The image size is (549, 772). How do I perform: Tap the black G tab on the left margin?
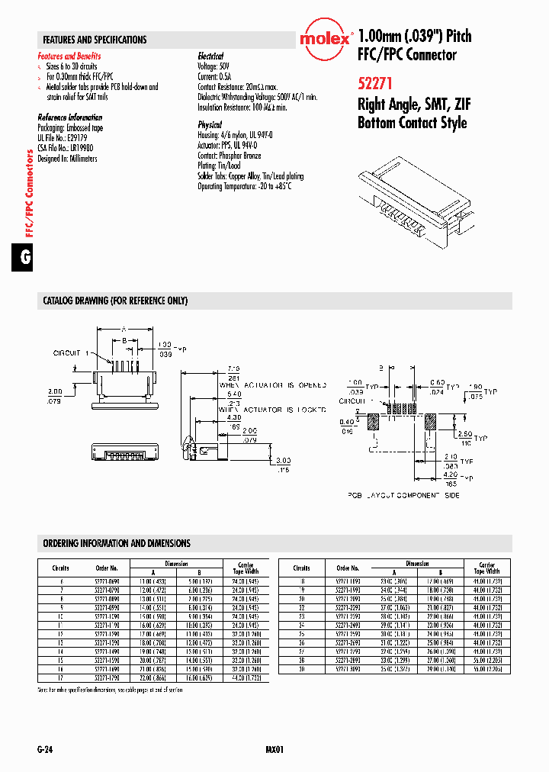pyautogui.click(x=25, y=258)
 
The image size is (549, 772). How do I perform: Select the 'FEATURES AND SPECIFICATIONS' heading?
pyautogui.click(x=95, y=40)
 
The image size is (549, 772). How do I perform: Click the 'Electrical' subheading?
pyautogui.click(x=210, y=56)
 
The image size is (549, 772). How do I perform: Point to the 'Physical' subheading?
pyautogui.click(x=210, y=124)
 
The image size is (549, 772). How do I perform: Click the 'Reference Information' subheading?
pyautogui.click(x=70, y=117)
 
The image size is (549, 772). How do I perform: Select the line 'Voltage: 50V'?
pyautogui.click(x=213, y=66)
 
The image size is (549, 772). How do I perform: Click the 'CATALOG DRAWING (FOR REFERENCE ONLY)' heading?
pyautogui.click(x=115, y=301)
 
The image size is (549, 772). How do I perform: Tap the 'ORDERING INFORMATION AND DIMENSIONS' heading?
pyautogui.click(x=117, y=543)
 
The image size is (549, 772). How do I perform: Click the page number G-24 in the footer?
pyautogui.click(x=46, y=750)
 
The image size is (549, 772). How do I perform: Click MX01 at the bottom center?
pyautogui.click(x=274, y=750)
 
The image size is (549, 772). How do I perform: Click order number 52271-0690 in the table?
pyautogui.click(x=107, y=581)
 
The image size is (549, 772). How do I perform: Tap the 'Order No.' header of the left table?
pyautogui.click(x=107, y=568)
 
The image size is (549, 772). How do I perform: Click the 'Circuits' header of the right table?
pyautogui.click(x=302, y=568)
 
